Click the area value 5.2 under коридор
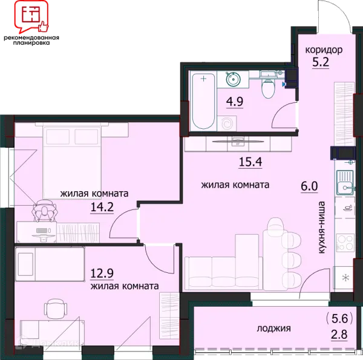click(x=321, y=62)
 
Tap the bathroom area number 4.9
click(x=235, y=102)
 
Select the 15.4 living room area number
click(x=250, y=162)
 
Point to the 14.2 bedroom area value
click(x=102, y=207)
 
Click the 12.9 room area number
click(x=102, y=273)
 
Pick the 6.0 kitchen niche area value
click(x=309, y=186)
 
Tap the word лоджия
click(x=273, y=329)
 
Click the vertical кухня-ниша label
click(x=322, y=227)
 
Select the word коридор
click(x=324, y=50)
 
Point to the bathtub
click(x=203, y=101)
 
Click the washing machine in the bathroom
click(x=227, y=123)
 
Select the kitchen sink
click(x=345, y=183)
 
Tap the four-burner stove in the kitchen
click(x=345, y=243)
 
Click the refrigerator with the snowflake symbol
click(x=344, y=277)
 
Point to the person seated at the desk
click(x=44, y=211)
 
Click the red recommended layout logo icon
click(x=31, y=16)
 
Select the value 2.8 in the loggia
click(x=339, y=335)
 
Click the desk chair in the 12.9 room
click(x=56, y=309)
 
